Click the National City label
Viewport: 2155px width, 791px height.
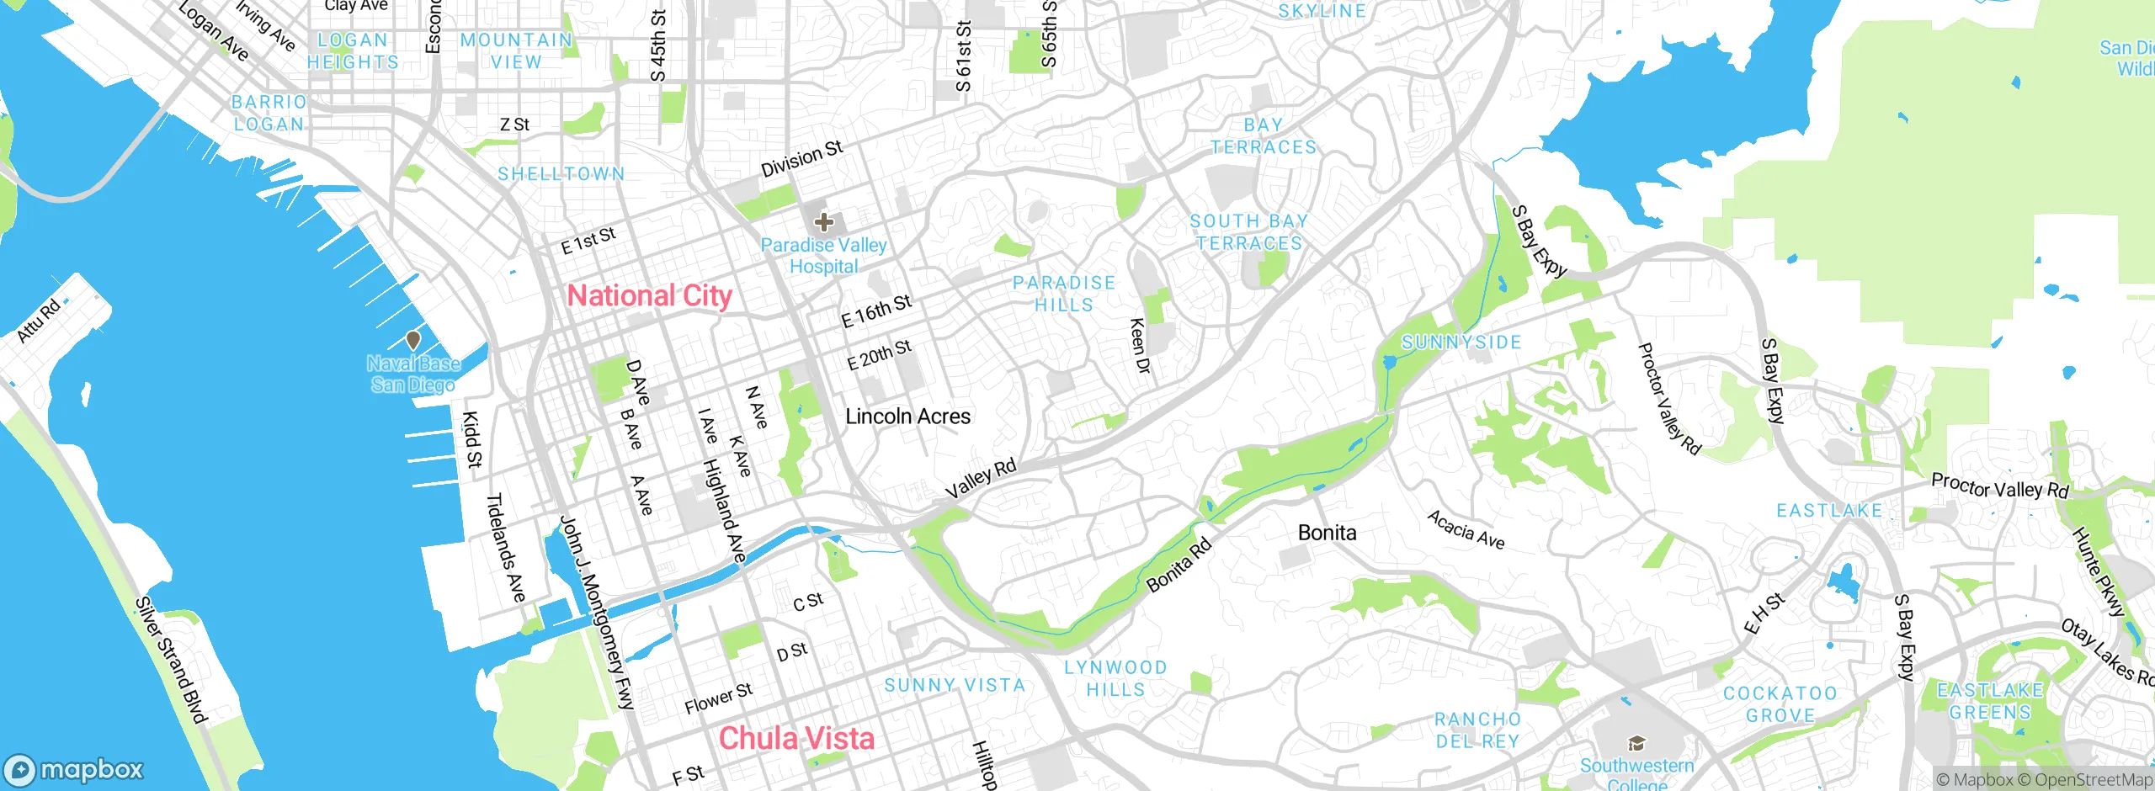649,295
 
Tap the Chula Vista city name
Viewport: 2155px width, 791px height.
796,738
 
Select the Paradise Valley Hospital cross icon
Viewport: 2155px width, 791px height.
823,222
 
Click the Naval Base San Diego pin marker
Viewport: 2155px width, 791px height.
412,341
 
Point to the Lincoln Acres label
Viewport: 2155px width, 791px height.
907,417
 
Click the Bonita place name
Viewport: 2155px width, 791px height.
1327,533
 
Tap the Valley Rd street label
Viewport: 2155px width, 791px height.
980,479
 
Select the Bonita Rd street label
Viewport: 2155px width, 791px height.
1179,565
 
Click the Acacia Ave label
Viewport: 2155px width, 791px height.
1466,530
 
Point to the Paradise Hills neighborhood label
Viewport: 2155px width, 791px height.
1064,294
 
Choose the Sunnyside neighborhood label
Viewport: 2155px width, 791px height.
1461,342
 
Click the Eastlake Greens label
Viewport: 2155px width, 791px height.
1990,701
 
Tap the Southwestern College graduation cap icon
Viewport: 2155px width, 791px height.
1636,744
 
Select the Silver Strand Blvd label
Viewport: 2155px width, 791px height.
171,660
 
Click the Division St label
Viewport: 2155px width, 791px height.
801,159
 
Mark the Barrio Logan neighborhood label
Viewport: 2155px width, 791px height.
269,113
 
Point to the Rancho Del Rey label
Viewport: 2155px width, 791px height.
1477,730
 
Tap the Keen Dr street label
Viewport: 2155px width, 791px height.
1139,346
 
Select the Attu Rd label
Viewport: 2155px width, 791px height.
39,321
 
